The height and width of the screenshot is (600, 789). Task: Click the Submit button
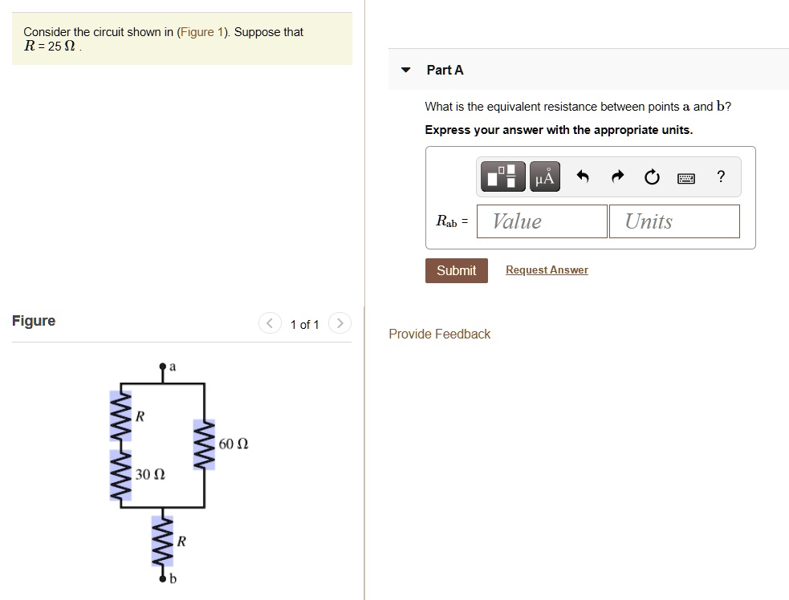456,270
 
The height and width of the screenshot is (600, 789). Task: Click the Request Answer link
547,270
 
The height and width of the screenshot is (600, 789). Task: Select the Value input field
542,221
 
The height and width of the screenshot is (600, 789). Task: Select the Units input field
674,221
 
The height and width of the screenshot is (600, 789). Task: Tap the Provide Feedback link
439,334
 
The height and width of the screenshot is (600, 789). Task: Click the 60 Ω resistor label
234,444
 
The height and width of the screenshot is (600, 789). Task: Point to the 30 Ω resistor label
150,475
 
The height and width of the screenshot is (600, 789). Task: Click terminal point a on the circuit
164,367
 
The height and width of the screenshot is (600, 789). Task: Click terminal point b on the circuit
164,578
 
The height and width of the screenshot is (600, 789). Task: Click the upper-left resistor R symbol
121,417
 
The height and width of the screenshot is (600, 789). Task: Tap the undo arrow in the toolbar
584,177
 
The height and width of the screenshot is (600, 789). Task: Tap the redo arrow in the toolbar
618,177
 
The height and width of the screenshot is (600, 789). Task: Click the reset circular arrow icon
652,177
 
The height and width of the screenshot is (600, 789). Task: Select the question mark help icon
721,177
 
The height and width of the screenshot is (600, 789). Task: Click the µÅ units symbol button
544,177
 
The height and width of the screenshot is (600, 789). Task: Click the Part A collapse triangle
407,70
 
